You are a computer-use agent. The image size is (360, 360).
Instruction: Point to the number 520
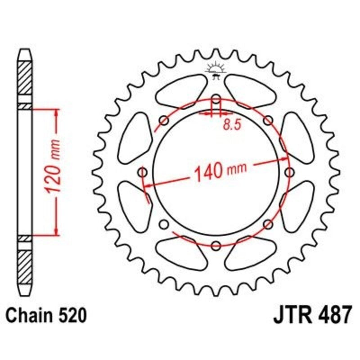pyautogui.click(x=71, y=315)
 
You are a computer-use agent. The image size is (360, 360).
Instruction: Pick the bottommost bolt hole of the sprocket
pyautogui.click(x=216, y=245)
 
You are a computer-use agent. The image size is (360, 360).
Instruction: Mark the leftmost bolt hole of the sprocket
pyautogui.click(x=143, y=172)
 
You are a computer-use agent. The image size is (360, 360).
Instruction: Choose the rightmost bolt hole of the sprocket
pyautogui.click(x=289, y=172)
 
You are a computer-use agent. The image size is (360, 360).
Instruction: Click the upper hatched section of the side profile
pyautogui.click(x=25, y=77)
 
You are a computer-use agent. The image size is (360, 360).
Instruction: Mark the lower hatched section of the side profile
pyautogui.click(x=25, y=265)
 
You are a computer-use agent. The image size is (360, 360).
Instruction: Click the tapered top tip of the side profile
pyautogui.click(x=25, y=54)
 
